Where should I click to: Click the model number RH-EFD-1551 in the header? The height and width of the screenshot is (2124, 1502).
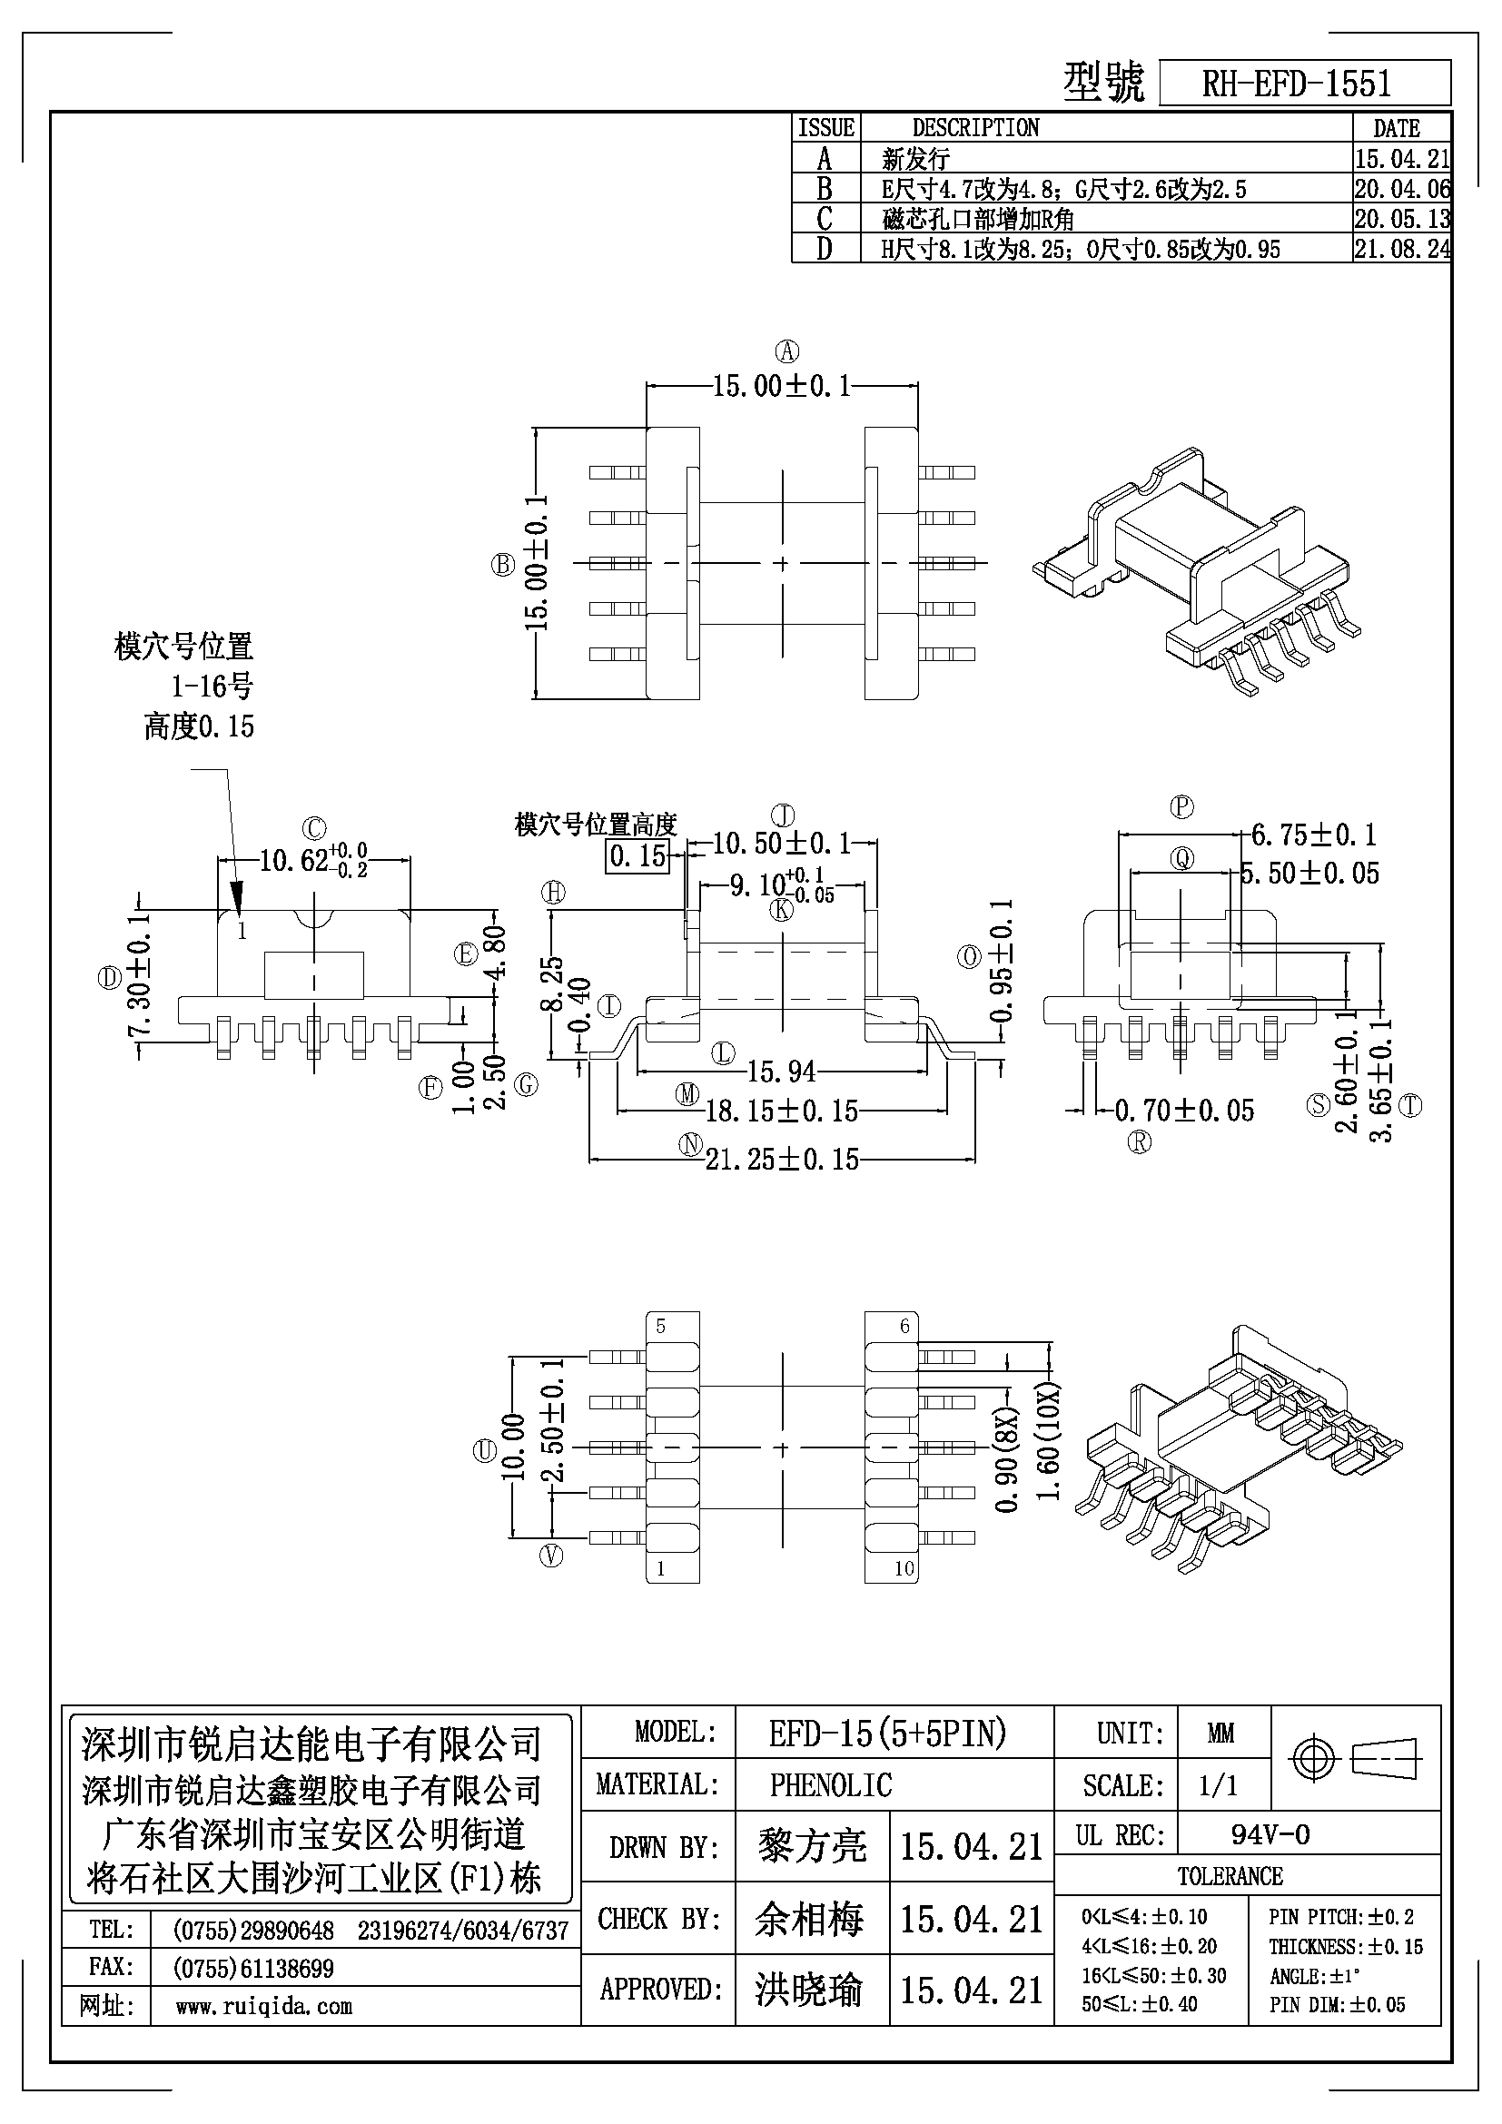[1296, 84]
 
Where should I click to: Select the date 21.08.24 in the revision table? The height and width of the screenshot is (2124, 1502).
[1402, 248]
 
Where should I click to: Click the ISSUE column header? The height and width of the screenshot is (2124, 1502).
[825, 128]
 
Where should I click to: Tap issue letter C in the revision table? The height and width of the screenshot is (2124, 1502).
[825, 218]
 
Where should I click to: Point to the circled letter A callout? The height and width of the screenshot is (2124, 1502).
[787, 351]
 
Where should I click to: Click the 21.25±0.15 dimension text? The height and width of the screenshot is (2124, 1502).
[783, 1159]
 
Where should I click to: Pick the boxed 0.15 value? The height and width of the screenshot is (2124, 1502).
[638, 855]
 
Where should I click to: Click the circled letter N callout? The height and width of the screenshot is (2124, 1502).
[690, 1145]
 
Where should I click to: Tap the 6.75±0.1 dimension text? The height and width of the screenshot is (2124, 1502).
[1313, 835]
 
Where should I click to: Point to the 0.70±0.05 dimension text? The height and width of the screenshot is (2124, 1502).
[1185, 1110]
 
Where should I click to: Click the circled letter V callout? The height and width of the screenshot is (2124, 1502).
[551, 1556]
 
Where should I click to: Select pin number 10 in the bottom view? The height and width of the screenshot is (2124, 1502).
[904, 1568]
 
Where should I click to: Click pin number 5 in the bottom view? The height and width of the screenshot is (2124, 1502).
[660, 1326]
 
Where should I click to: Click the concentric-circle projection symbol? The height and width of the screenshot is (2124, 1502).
[1314, 1758]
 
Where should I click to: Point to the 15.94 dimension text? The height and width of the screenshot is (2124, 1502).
[783, 1072]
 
